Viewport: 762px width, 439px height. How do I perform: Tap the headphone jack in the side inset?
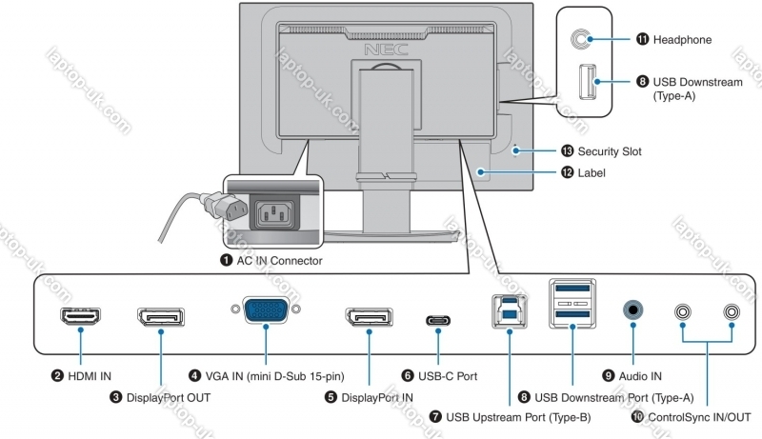pyautogui.click(x=581, y=38)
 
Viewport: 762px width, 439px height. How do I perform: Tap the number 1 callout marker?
pyautogui.click(x=226, y=260)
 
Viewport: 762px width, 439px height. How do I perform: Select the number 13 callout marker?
pyautogui.click(x=567, y=150)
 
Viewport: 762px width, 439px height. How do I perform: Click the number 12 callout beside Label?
pyautogui.click(x=567, y=173)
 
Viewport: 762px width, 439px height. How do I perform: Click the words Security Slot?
pyautogui.click(x=610, y=151)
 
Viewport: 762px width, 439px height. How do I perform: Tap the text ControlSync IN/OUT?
pyautogui.click(x=699, y=417)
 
